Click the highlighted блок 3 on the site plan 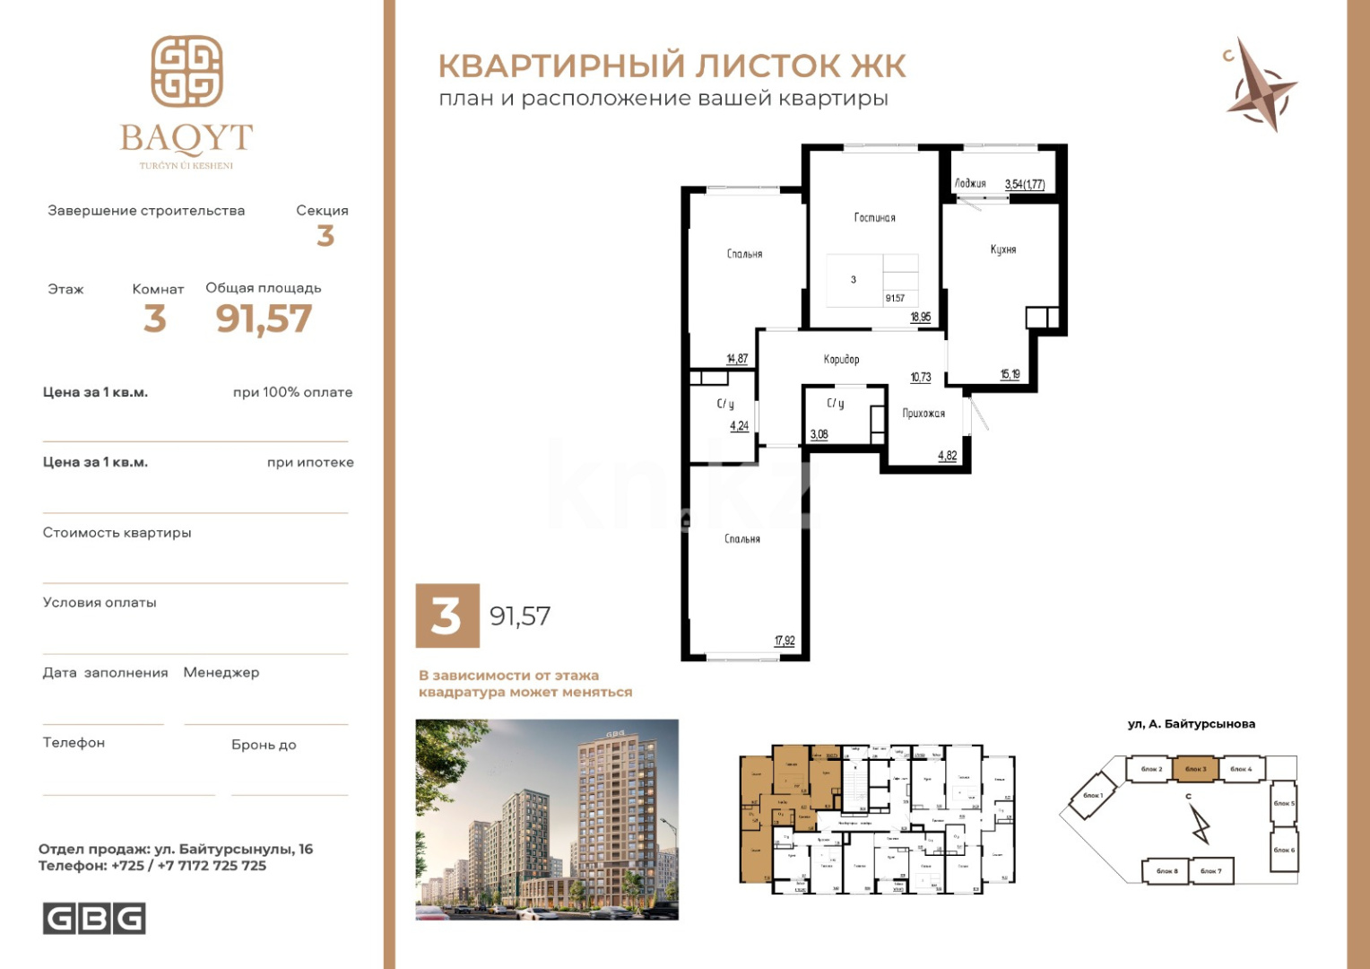[1195, 769]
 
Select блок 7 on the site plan [1210, 870]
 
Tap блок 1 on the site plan [1092, 796]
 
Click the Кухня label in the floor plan [1003, 249]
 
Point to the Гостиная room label [874, 217]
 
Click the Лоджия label [970, 183]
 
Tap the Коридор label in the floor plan [841, 359]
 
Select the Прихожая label [923, 414]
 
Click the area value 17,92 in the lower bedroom [785, 641]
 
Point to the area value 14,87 [737, 359]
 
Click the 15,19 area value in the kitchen [1010, 374]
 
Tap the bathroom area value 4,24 [739, 426]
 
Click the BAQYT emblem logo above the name [186, 71]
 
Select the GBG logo [94, 919]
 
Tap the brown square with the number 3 [447, 615]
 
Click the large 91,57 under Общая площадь [264, 319]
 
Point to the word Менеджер [221, 672]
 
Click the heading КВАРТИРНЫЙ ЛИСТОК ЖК [672, 65]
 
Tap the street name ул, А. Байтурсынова [1191, 724]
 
